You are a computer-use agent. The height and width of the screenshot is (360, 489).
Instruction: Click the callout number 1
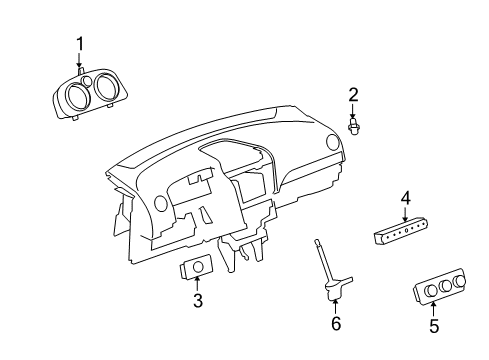pyautogui.click(x=80, y=43)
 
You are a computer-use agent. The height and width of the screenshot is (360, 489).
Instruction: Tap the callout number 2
pyautogui.click(x=353, y=95)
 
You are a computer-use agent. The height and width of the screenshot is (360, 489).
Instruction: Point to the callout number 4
pyautogui.click(x=405, y=200)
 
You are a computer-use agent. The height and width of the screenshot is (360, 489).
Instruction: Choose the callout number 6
pyautogui.click(x=335, y=324)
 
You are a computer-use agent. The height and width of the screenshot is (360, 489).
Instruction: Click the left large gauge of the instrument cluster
pyautogui.click(x=75, y=100)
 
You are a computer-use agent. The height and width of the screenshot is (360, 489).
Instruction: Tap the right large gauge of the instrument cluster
pyautogui.click(x=106, y=93)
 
